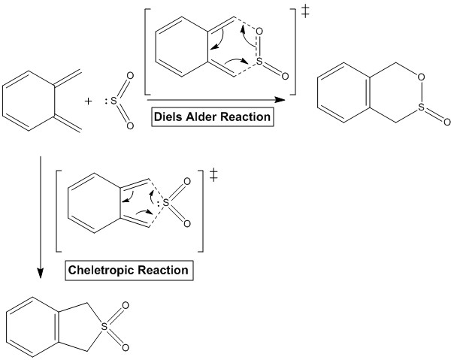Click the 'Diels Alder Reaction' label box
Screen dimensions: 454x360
213,116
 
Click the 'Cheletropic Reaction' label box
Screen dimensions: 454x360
129,271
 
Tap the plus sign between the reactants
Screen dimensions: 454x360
88,101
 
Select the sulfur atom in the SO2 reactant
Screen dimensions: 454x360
113,101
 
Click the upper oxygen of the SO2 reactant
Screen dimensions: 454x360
130,76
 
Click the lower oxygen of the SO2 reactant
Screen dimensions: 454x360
130,126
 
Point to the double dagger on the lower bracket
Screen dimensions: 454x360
213,175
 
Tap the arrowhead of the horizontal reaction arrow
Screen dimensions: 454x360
280,100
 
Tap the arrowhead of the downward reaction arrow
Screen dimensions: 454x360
41,273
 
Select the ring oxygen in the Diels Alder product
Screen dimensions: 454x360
421,77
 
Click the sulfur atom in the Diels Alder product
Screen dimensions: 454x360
421,107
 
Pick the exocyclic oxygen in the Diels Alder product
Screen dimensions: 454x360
447,122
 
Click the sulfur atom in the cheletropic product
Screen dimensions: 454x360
104,326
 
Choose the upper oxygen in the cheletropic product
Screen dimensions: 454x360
126,306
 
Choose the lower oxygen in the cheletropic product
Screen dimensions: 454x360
126,347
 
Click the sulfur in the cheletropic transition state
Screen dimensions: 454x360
166,203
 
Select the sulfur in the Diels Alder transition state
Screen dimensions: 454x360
259,62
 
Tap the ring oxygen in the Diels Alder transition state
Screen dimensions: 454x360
259,31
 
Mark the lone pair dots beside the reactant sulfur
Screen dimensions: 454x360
107,101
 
